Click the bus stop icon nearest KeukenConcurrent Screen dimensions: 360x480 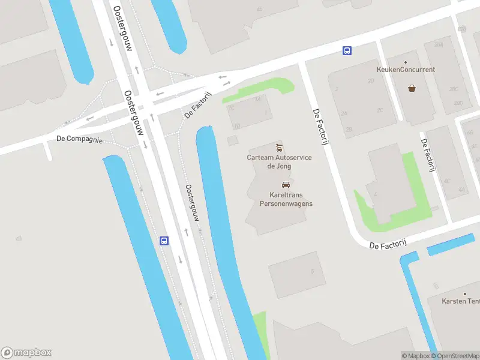347,51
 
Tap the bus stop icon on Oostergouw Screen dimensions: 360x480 164,241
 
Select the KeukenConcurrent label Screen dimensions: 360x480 406,70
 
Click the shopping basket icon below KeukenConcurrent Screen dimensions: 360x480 412,88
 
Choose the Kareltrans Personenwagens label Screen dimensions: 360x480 286,199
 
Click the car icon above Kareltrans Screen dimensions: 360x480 286,185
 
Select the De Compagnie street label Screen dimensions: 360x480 79,139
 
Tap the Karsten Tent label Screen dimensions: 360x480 461,301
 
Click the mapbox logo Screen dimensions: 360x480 26,353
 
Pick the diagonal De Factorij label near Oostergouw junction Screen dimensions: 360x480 199,105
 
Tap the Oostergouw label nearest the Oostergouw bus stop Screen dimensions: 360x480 192,203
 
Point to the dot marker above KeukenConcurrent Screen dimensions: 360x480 406,62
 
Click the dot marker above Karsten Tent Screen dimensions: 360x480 465,293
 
